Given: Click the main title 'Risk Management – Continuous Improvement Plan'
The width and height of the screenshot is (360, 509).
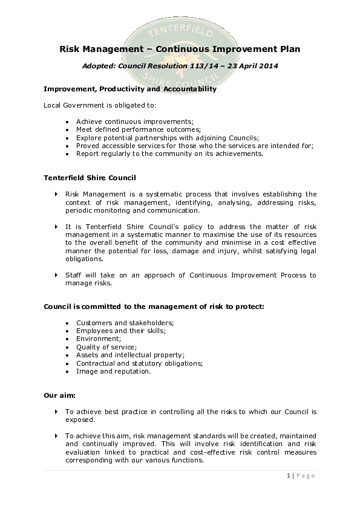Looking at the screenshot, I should coord(180,49).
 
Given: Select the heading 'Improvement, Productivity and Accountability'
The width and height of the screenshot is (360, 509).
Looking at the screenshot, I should coord(130,89).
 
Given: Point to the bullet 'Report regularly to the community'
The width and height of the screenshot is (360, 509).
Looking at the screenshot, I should coord(169,154).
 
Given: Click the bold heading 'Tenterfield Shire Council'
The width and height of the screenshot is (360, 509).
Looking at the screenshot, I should coord(90,178).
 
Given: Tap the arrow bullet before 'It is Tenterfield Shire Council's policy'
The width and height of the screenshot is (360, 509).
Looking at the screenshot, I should coord(57,227).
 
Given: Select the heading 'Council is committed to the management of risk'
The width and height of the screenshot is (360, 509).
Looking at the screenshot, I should coord(154,306).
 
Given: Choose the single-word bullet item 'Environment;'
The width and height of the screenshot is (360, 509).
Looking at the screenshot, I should coord(98,339).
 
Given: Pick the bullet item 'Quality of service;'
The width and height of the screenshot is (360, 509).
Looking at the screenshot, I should coord(106,347).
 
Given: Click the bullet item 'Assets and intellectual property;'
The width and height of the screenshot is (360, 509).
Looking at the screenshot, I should coord(130,355).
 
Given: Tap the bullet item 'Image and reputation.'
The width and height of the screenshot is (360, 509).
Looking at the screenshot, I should coord(113,371).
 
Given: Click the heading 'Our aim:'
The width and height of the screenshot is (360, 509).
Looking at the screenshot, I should coord(59,395).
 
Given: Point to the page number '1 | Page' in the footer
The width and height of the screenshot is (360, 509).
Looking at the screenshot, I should coord(301,476).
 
